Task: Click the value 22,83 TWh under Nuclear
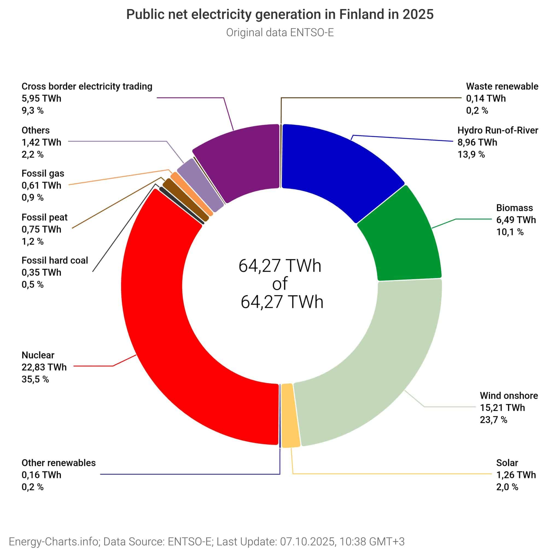click(44, 367)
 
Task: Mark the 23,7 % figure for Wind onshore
click(493, 420)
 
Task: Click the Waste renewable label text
click(502, 86)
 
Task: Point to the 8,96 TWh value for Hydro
click(477, 142)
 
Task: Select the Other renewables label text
click(59, 463)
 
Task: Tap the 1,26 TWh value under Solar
click(516, 475)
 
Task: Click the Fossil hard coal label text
click(55, 261)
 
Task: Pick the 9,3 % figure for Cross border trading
click(33, 110)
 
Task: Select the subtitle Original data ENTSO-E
click(280, 33)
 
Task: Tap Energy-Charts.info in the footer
click(54, 541)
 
